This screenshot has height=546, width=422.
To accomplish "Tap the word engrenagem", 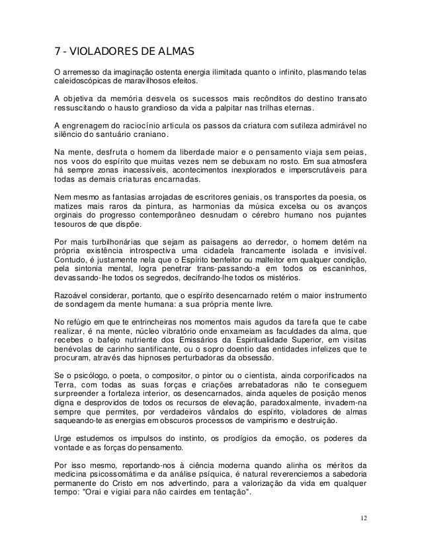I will point(91,126).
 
